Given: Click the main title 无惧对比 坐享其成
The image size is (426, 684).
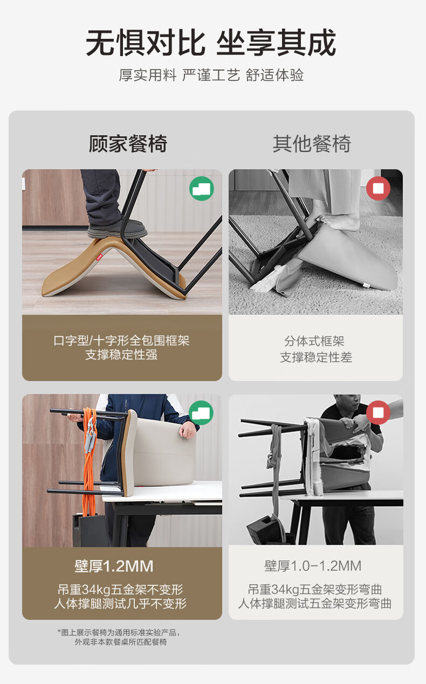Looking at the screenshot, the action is [211, 43].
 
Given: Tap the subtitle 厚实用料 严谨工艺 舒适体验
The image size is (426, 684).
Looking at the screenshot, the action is [211, 75].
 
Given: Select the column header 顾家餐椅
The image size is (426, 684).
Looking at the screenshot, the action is [128, 143].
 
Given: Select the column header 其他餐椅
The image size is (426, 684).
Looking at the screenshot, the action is [312, 143].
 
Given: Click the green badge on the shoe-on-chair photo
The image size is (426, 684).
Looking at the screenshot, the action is [201, 189].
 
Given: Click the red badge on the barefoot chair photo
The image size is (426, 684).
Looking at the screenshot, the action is [379, 189].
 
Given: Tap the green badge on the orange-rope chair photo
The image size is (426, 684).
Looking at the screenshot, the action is [201, 412].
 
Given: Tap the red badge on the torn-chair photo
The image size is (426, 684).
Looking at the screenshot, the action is [379, 412].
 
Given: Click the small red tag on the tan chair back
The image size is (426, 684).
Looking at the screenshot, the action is [99, 258].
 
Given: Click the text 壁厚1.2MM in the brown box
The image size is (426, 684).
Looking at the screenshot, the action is [114, 566].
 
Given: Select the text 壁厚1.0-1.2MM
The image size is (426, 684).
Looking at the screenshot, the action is [313, 566].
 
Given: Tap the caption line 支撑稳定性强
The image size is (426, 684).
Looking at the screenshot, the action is [121, 355].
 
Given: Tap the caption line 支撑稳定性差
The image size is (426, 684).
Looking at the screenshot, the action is [316, 357].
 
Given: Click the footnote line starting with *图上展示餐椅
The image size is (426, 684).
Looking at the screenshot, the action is [119, 632].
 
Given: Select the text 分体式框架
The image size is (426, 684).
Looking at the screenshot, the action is [314, 341].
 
